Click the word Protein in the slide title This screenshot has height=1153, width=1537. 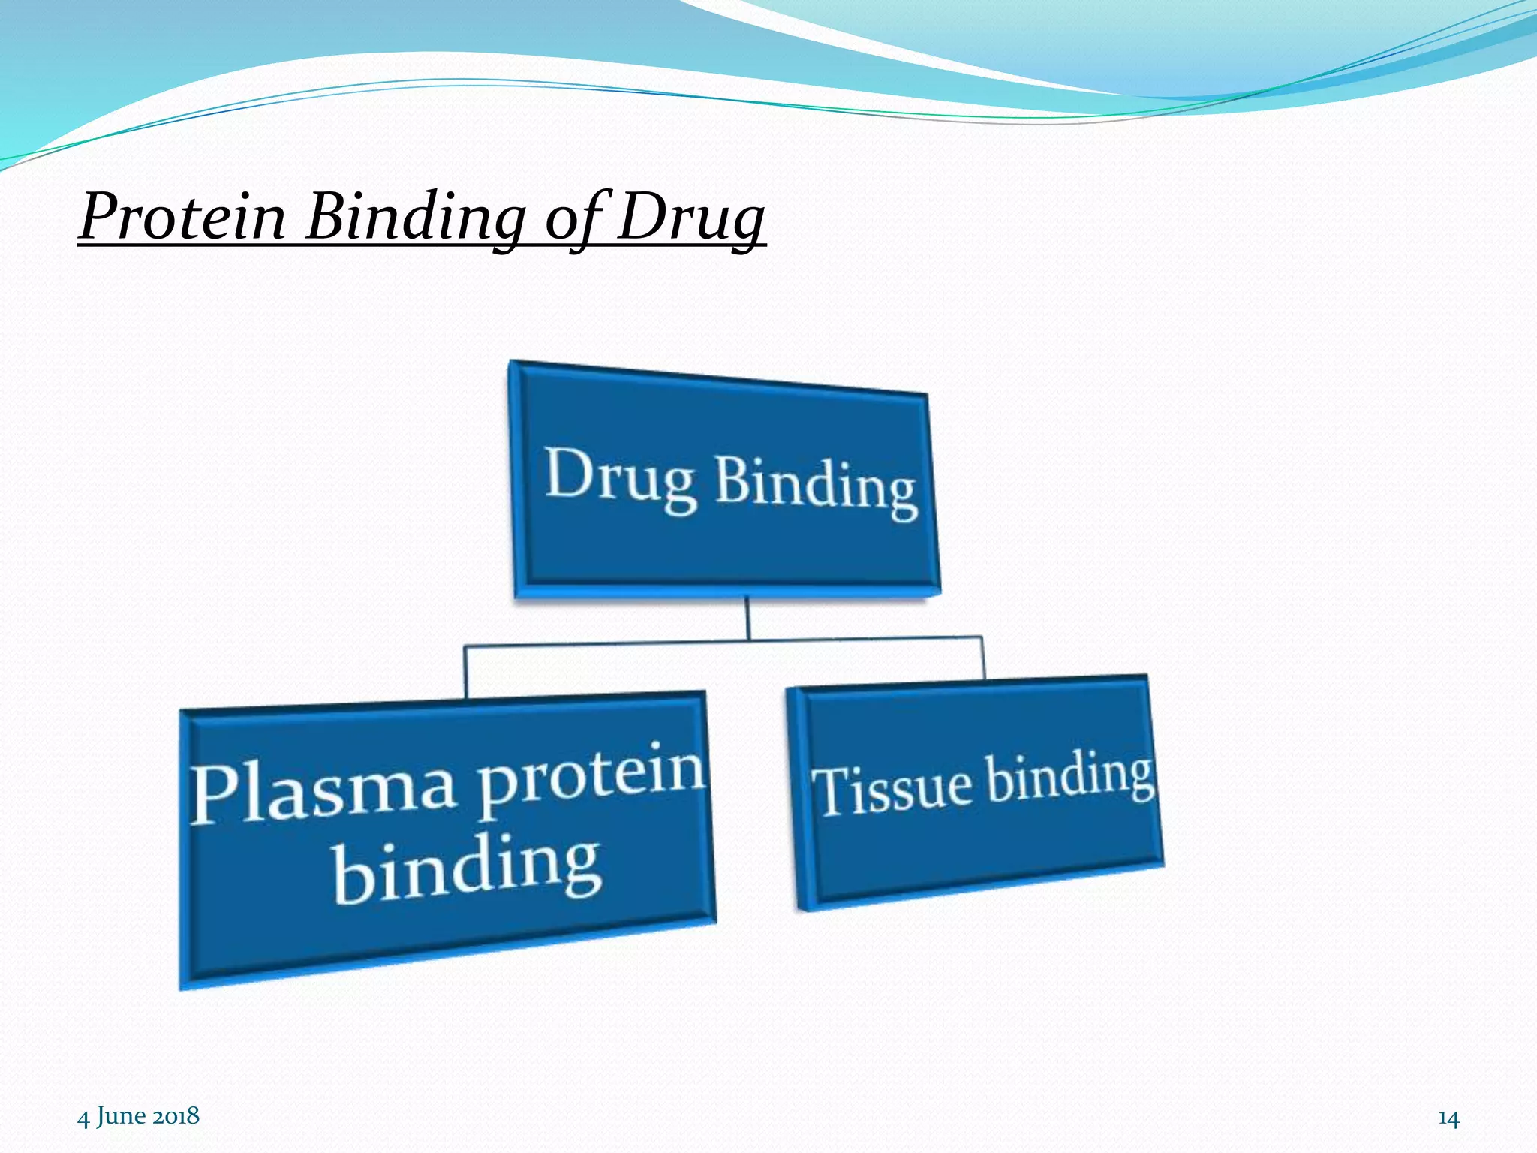182,217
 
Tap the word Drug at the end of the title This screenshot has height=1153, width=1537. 690,217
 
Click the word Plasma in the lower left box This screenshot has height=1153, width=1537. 322,792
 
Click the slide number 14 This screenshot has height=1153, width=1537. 1448,1119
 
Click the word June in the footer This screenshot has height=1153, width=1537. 121,1116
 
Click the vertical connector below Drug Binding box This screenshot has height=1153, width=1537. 747,617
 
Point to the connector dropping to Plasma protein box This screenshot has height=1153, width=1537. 465,671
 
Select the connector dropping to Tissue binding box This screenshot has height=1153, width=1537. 982,658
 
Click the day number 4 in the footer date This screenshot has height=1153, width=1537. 83,1117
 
